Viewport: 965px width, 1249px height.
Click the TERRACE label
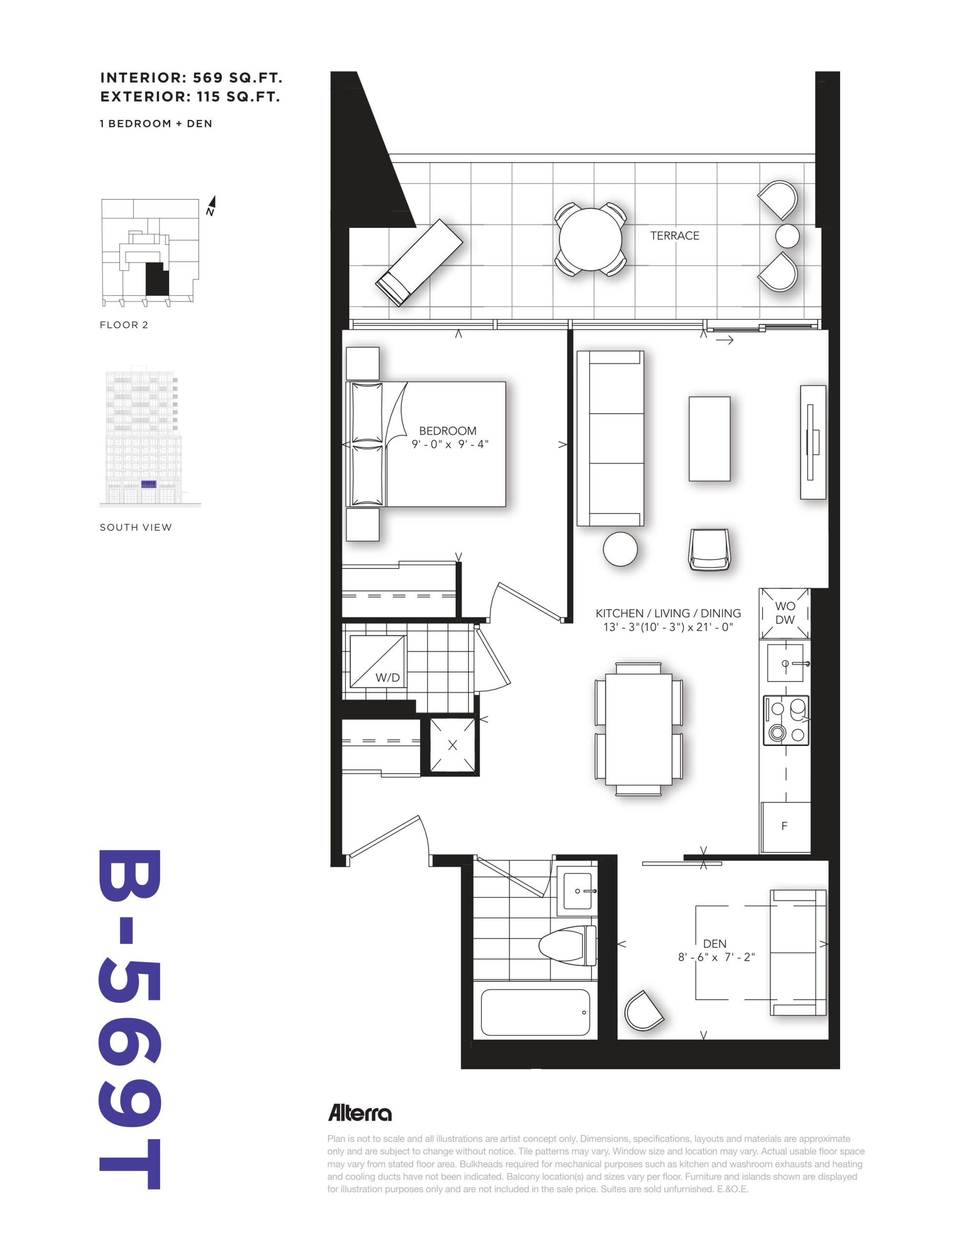pos(674,236)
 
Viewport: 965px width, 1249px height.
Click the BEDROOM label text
pos(447,431)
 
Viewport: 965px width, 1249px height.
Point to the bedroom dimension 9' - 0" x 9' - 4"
pos(450,444)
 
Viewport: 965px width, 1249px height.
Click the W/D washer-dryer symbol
pos(377,661)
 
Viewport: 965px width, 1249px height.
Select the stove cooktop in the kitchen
pos(786,721)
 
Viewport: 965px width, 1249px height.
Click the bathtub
pos(535,1012)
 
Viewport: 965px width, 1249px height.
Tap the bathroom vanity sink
pos(578,890)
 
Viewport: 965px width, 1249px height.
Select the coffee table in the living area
pos(709,439)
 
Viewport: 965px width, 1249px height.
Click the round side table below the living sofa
pos(620,549)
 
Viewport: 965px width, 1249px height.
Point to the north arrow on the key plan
pos(211,206)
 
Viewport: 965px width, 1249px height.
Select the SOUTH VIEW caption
pos(136,527)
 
